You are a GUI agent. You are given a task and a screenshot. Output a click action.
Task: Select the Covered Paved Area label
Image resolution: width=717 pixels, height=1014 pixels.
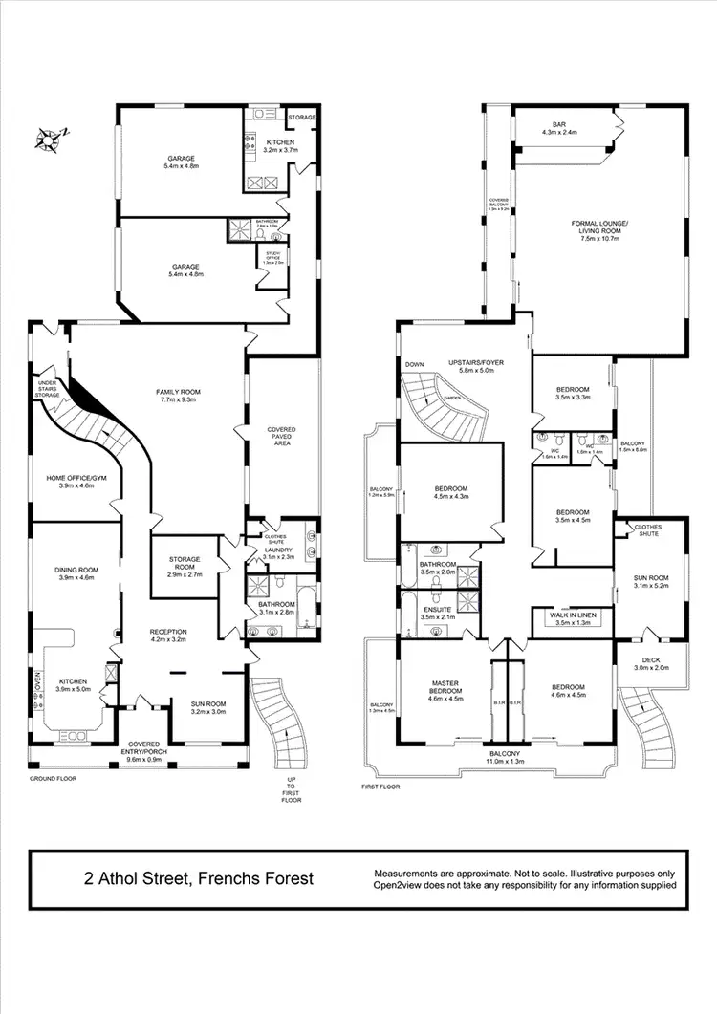coord(282,436)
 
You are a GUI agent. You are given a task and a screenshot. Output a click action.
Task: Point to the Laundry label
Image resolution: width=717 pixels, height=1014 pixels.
coord(278,550)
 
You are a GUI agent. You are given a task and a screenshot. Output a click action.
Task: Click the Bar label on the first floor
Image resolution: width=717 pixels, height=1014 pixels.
coord(559,125)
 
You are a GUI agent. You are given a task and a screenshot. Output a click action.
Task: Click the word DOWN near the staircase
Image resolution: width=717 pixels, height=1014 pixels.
coord(414,364)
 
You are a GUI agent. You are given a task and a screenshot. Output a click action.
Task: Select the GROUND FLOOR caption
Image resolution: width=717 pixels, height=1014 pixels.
coord(53,779)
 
